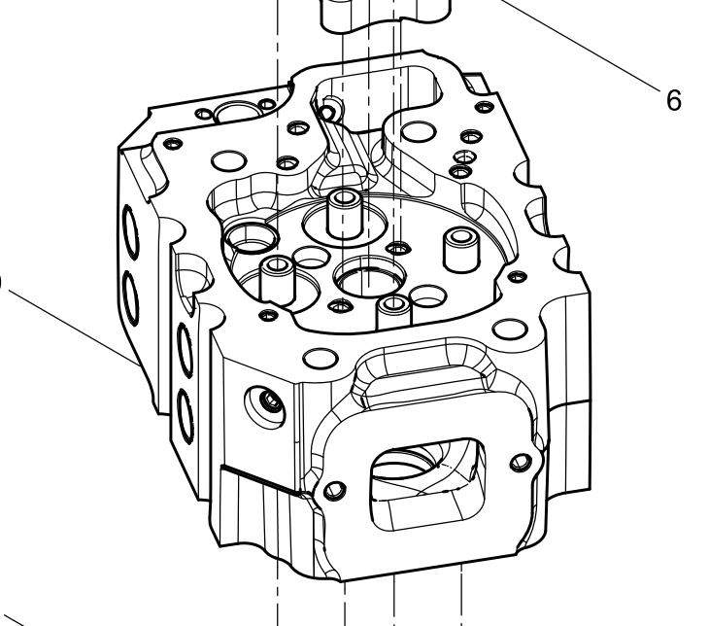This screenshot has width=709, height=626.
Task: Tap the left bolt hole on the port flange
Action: (x=336, y=486)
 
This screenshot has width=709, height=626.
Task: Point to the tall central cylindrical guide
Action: (x=342, y=214)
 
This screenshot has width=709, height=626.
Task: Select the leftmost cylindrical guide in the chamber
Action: (x=276, y=280)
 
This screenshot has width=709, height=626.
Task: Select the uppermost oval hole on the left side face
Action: (x=128, y=226)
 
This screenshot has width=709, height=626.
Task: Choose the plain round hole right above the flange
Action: (x=504, y=330)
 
